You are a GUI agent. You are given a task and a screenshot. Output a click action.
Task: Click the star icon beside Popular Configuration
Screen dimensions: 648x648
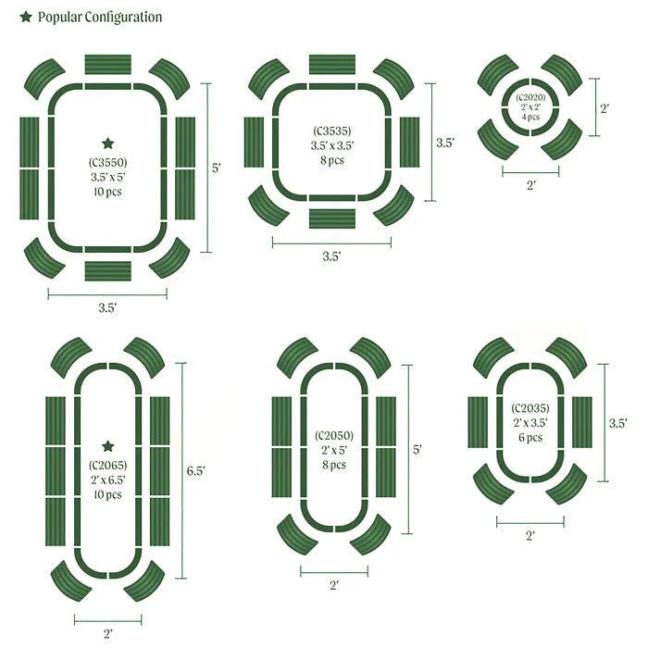click(x=26, y=17)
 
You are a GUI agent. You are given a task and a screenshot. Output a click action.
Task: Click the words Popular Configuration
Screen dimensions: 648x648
click(x=100, y=17)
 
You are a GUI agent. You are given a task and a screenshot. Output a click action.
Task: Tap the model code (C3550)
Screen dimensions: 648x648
click(x=108, y=162)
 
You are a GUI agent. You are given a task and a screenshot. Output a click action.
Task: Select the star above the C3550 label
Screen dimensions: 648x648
click(x=108, y=143)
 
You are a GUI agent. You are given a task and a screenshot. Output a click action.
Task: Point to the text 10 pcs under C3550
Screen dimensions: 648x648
click(x=108, y=192)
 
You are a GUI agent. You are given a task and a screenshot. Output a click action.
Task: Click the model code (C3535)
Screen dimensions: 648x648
click(x=332, y=131)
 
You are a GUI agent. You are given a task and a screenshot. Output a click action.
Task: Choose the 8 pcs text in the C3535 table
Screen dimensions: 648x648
click(x=332, y=160)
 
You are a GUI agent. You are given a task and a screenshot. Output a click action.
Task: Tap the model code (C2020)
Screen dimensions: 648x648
click(x=530, y=97)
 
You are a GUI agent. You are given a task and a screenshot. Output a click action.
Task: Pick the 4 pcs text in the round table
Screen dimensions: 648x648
click(x=530, y=117)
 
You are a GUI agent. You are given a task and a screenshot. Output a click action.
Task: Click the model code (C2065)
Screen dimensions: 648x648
click(x=108, y=466)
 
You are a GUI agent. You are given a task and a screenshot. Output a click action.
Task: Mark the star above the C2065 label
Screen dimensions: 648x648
click(x=108, y=446)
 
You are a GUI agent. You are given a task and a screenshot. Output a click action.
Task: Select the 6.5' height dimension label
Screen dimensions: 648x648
click(x=196, y=470)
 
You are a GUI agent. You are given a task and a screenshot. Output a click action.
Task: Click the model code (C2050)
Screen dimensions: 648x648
click(x=334, y=436)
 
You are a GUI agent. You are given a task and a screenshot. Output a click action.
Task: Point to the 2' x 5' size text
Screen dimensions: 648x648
click(x=334, y=450)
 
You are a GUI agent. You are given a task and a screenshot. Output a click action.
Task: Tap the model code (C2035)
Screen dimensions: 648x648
click(x=530, y=408)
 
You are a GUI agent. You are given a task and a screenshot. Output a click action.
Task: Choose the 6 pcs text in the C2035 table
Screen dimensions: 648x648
click(x=530, y=437)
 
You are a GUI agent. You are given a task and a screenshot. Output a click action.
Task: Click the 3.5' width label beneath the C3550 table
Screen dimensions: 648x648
click(x=107, y=308)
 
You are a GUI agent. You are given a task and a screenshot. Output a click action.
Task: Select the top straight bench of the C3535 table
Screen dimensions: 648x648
click(x=332, y=64)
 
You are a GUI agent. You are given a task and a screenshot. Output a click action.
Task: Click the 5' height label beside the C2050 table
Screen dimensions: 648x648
click(x=417, y=449)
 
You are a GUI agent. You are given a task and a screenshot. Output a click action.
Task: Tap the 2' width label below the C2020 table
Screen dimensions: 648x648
click(x=531, y=185)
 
